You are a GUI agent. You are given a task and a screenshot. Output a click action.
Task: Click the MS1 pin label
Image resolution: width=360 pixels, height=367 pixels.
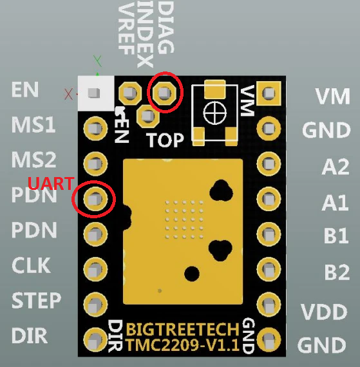[33, 125]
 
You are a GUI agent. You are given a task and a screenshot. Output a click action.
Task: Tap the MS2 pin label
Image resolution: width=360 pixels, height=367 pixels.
[33, 160]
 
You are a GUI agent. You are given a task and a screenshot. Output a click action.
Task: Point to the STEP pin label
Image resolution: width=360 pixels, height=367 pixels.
[36, 300]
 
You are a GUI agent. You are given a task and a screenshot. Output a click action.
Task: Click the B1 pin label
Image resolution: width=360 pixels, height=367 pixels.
[336, 236]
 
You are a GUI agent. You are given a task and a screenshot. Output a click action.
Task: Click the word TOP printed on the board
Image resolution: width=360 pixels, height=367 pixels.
[165, 140]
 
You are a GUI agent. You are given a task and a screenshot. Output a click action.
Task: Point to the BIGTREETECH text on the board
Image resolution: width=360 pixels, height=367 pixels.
[183, 329]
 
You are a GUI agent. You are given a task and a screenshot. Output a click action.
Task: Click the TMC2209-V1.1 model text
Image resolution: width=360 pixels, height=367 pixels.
[183, 345]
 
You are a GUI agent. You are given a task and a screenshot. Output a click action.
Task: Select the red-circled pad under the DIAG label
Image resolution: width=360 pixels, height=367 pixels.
[166, 93]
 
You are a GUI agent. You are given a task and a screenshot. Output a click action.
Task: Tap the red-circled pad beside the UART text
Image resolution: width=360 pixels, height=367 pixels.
[95, 198]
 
